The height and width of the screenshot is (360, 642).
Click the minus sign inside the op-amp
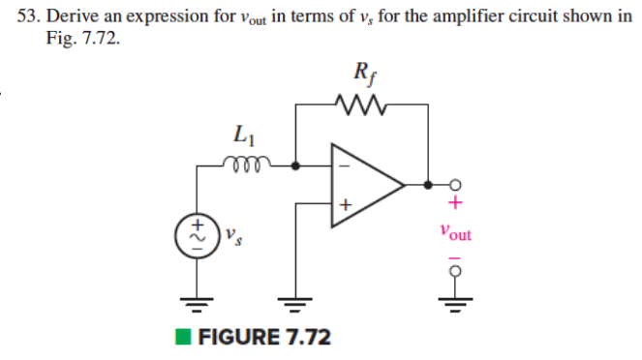click(x=341, y=165)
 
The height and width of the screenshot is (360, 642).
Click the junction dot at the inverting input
click(x=294, y=165)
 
